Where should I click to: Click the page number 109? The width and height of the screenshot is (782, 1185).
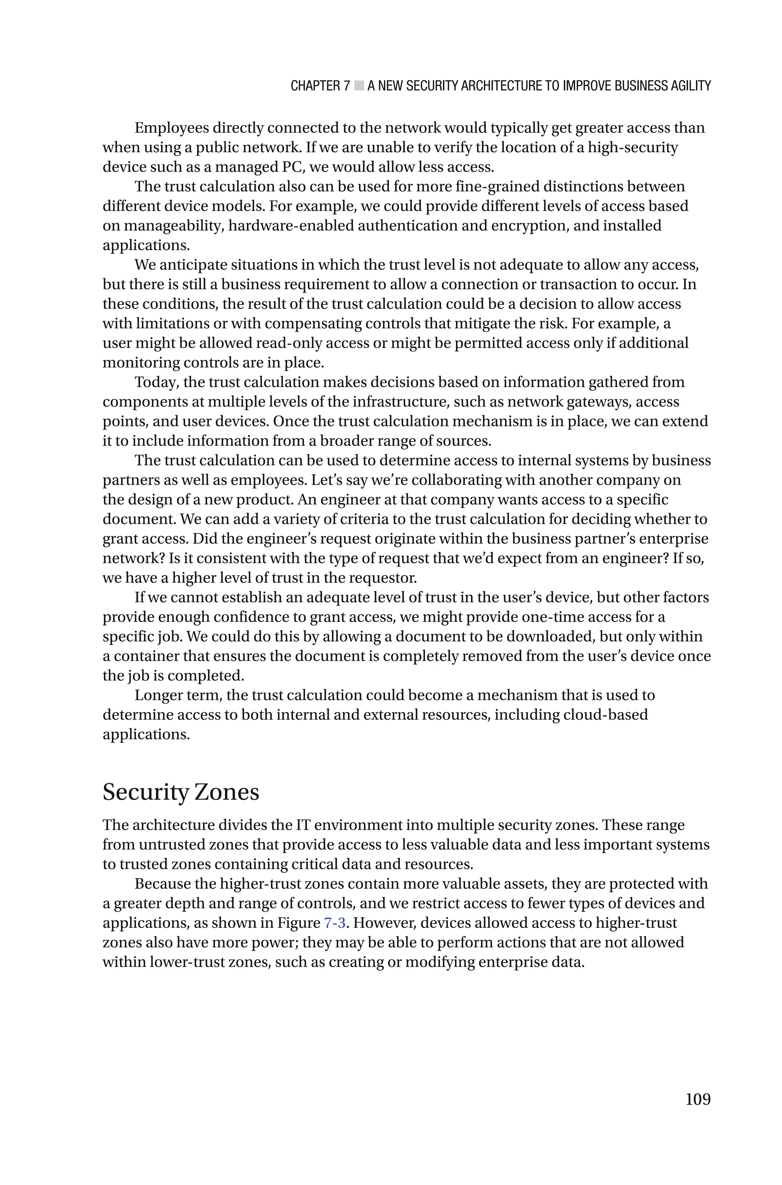pyautogui.click(x=698, y=1099)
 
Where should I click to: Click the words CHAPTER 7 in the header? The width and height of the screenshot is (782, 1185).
pyautogui.click(x=320, y=86)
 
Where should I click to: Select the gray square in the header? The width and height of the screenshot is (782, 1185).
pyautogui.click(x=359, y=86)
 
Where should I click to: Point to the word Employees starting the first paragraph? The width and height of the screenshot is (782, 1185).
pyautogui.click(x=171, y=128)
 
